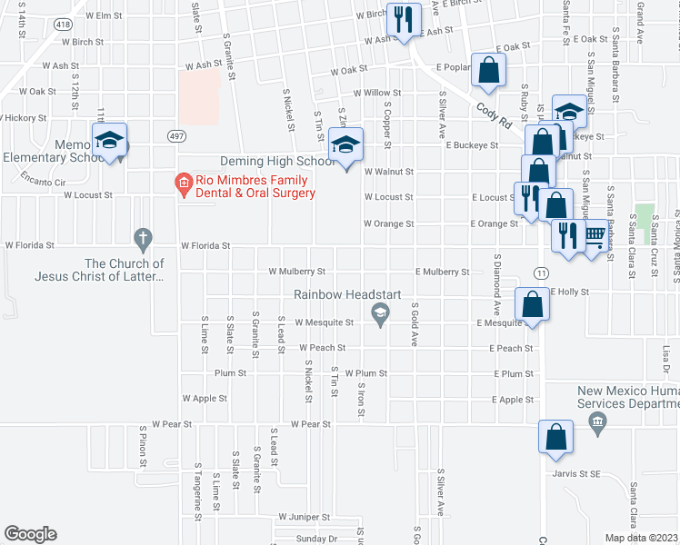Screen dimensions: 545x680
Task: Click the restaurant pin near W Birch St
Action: [x=402, y=20]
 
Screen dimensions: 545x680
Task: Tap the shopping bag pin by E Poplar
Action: [x=489, y=72]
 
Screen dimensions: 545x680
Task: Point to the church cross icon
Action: [x=142, y=240]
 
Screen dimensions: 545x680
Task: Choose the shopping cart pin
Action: [x=595, y=237]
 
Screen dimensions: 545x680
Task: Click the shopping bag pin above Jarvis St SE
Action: [x=555, y=438]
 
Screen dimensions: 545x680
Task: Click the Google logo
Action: [x=30, y=534]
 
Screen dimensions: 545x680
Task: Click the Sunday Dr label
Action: [x=315, y=539]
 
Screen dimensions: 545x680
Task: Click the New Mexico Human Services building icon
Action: [x=597, y=422]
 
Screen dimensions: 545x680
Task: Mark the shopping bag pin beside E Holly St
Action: [x=532, y=305]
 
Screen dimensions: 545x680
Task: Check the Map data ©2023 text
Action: [x=641, y=538]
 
